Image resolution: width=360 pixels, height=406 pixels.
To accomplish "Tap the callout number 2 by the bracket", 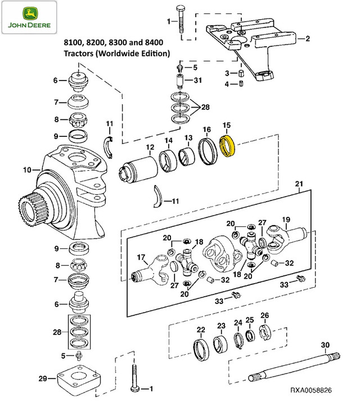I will tap(307, 39).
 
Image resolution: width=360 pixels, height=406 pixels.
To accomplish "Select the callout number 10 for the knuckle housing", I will tap(26, 169).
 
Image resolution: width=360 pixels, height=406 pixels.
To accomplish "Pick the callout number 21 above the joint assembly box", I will tap(299, 184).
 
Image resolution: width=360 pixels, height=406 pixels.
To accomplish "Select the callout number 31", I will tap(197, 80).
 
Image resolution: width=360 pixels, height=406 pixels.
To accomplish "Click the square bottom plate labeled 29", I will tap(79, 380).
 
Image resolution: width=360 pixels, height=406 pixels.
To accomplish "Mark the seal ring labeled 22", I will tap(201, 350).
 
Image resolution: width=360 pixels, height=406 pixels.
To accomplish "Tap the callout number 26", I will tap(264, 315).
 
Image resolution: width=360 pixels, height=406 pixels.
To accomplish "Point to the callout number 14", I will tap(168, 141).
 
